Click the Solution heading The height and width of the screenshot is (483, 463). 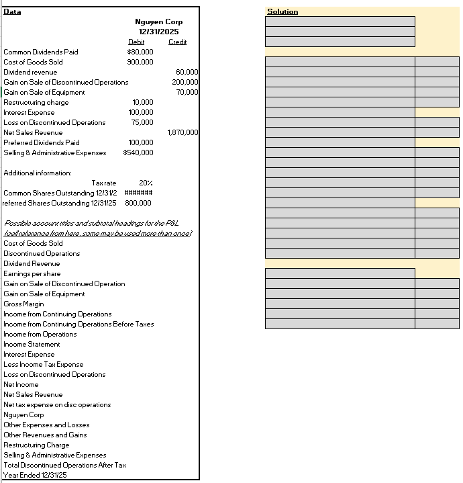tap(282, 11)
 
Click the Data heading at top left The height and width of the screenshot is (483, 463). tap(12, 11)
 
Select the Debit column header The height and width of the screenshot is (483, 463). tap(136, 42)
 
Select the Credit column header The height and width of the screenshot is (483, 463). tap(177, 42)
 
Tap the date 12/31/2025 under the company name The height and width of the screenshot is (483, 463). tap(160, 32)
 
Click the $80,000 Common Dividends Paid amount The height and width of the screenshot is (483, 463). tap(140, 52)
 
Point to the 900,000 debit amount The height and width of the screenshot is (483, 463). tap(140, 62)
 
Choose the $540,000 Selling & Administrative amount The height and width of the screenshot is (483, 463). tap(138, 152)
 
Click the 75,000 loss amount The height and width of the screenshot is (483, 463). tap(142, 122)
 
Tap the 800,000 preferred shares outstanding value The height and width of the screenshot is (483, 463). tap(138, 203)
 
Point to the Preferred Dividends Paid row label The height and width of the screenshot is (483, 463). tap(41, 142)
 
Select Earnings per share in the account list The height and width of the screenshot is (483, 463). tap(32, 273)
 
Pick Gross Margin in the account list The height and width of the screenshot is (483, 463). tap(23, 304)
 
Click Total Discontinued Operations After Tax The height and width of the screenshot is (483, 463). tap(64, 465)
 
